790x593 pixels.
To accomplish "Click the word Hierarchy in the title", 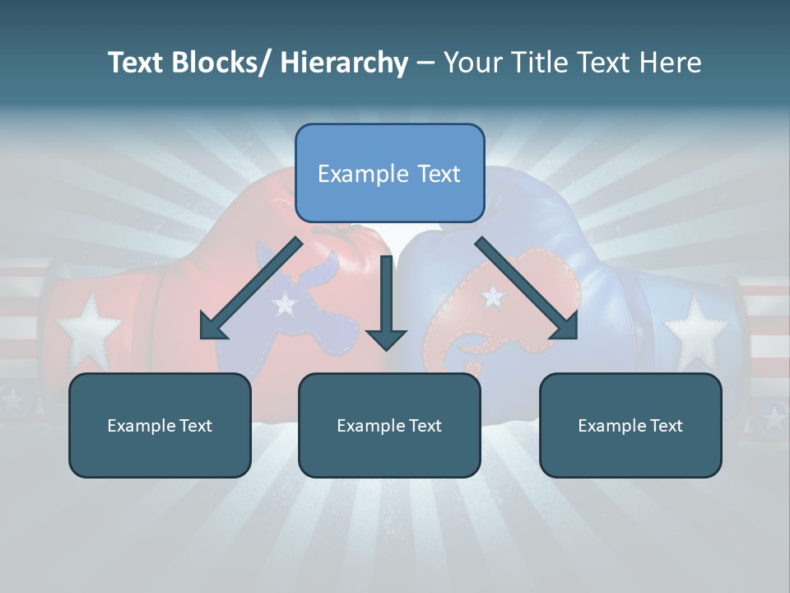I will [x=343, y=63].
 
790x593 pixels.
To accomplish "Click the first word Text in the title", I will [x=137, y=63].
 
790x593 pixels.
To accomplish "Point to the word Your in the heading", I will [x=468, y=63].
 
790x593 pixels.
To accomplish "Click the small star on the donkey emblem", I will [x=285, y=305].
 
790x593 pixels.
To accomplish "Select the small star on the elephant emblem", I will [x=493, y=294].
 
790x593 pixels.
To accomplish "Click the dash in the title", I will [x=425, y=63].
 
